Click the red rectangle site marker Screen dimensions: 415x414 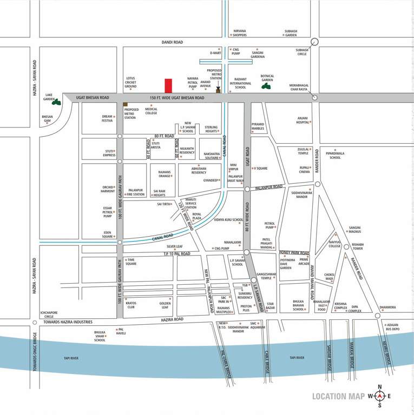click(168, 86)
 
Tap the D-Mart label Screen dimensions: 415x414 click(215, 53)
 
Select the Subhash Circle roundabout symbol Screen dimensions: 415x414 click(314, 42)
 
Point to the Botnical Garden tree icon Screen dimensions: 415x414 click(266, 85)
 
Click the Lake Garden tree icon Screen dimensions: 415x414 click(56, 101)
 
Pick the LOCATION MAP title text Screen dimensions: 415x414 click(338, 397)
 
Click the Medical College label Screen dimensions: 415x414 click(151, 111)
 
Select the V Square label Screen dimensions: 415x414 click(261, 168)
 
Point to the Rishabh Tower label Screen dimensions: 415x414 click(358, 246)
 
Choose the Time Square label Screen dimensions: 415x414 click(132, 262)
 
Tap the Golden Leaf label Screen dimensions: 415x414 click(165, 305)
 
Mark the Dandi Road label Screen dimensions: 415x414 click(173, 42)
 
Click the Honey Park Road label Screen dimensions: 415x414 click(294, 252)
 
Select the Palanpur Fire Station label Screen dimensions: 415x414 click(136, 192)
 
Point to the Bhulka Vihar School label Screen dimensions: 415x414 click(100, 336)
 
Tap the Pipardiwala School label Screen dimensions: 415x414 click(335, 155)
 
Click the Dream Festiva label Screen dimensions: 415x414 click(107, 118)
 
